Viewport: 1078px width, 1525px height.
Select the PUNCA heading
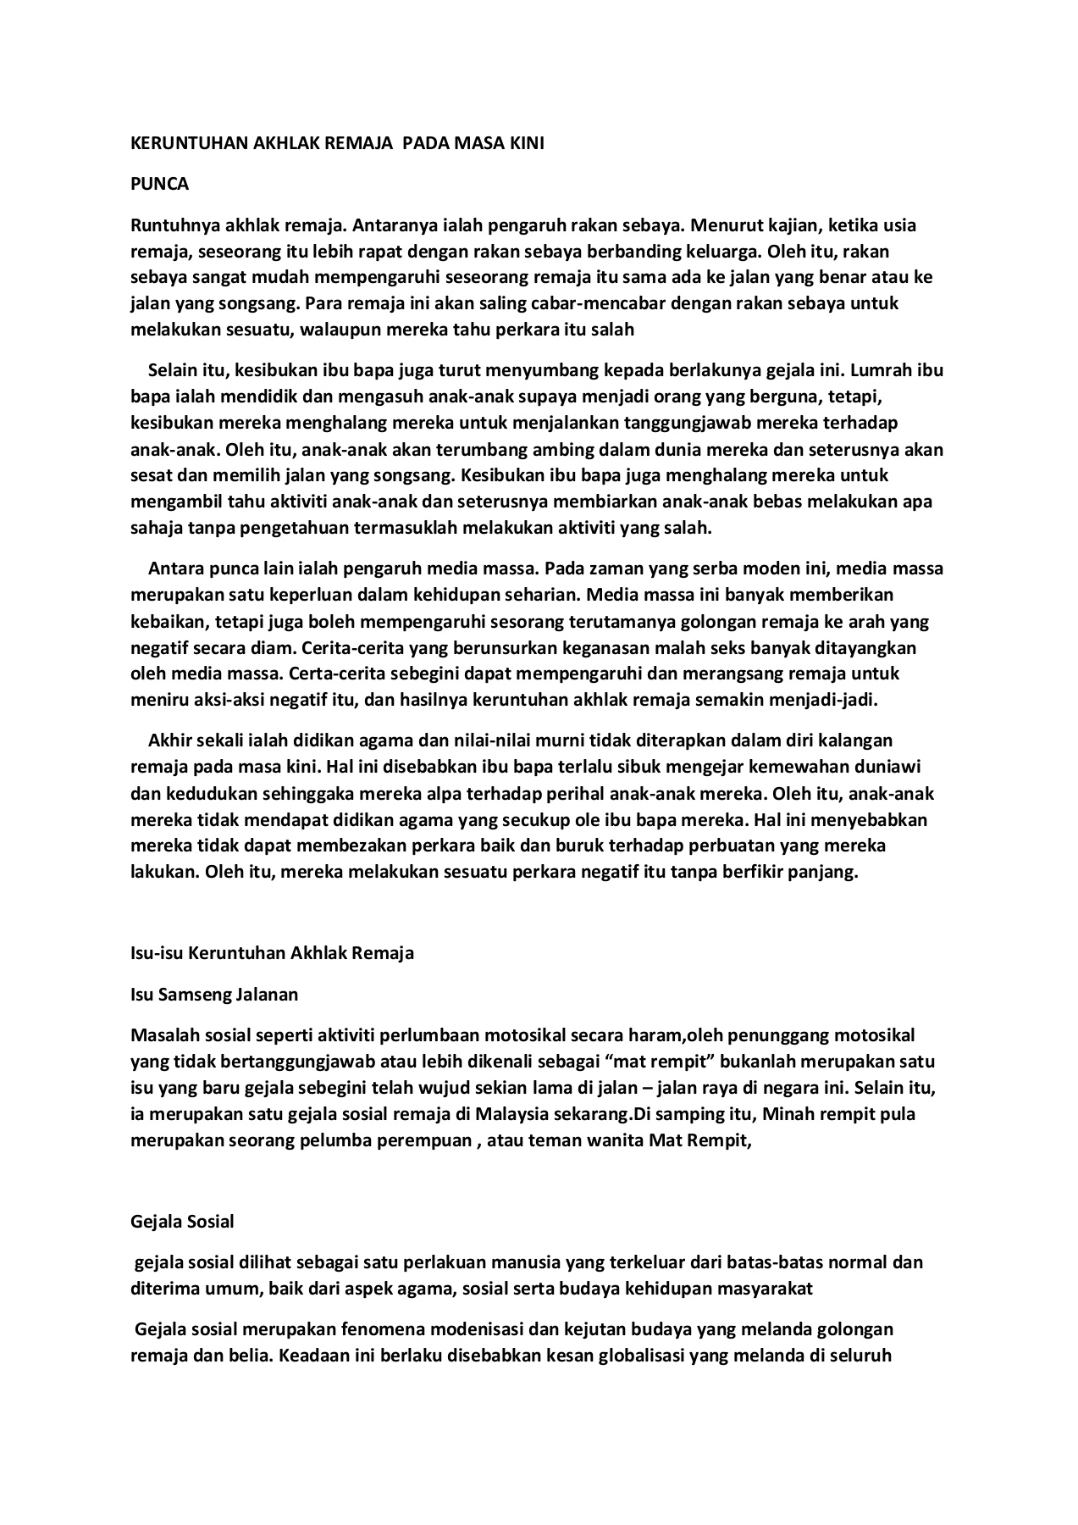point(159,184)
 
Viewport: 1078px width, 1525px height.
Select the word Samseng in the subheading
point(189,994)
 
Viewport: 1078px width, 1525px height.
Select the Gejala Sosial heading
point(182,1222)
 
